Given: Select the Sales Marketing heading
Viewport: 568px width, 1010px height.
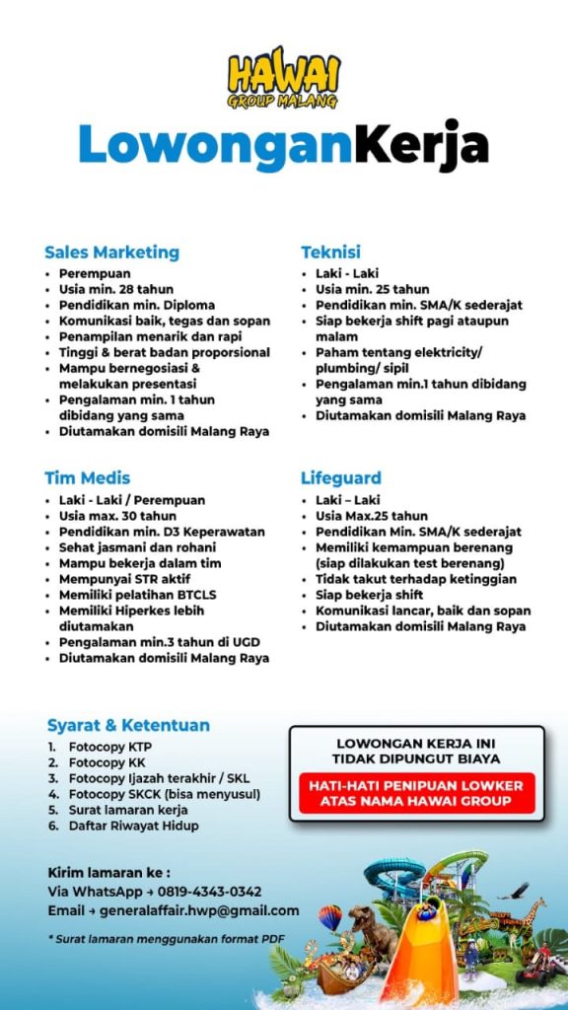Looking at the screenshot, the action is [111, 252].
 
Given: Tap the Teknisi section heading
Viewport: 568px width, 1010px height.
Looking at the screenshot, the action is [330, 252].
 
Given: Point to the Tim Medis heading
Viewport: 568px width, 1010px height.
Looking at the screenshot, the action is [87, 478].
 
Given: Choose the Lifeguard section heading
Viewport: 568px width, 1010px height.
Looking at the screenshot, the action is [340, 478].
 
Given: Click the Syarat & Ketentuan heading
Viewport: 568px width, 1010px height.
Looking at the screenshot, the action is [128, 725].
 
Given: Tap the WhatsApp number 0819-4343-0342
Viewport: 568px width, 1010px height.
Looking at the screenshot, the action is [209, 891].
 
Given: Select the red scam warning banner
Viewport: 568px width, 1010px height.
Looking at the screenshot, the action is [415, 793].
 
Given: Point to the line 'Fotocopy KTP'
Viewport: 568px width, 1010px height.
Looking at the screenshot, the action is [109, 747].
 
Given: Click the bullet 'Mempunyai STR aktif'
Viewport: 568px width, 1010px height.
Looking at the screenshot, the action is [124, 579].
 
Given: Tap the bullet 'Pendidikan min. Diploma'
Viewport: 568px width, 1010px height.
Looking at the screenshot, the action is [136, 305].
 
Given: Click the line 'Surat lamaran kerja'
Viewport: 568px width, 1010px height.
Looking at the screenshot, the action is [127, 810].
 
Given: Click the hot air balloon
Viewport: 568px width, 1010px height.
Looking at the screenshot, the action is [329, 917].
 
